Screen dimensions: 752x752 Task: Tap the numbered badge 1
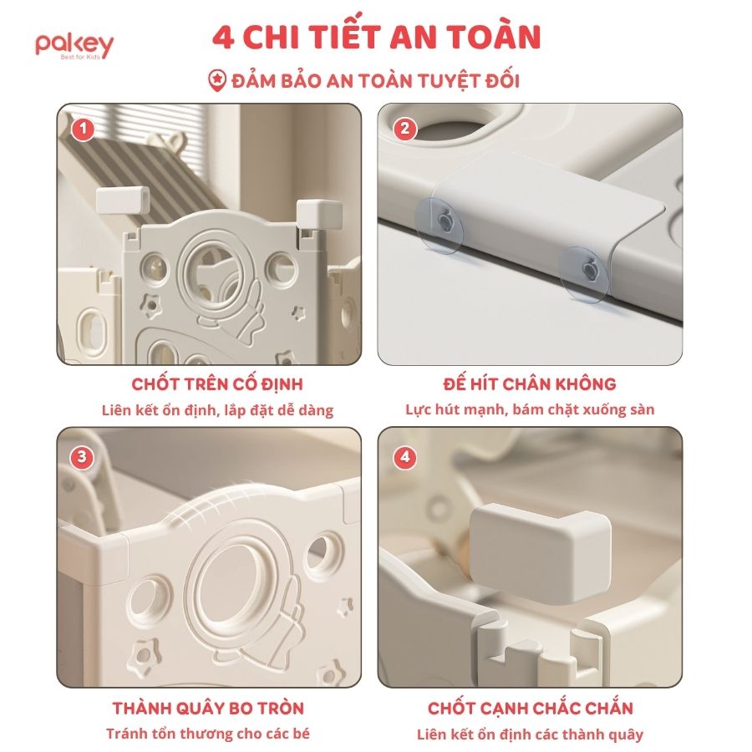(x=84, y=129)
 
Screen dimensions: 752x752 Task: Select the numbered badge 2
(x=404, y=129)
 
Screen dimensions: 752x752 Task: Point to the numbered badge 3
(x=82, y=457)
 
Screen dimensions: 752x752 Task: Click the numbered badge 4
(x=404, y=457)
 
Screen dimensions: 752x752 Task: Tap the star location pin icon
(x=217, y=81)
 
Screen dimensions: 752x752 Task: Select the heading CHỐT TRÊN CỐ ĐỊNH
(x=217, y=384)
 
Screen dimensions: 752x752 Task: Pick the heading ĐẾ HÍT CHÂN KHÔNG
(x=530, y=384)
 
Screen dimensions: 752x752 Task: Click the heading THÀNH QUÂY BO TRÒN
(x=208, y=708)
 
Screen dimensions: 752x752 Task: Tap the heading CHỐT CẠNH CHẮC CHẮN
(x=531, y=708)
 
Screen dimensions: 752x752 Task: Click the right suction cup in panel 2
(x=585, y=275)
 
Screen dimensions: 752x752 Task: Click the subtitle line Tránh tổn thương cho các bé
(x=208, y=734)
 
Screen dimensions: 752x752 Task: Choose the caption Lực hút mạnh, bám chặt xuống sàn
(x=530, y=409)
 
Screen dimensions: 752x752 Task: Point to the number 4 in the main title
(x=223, y=38)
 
